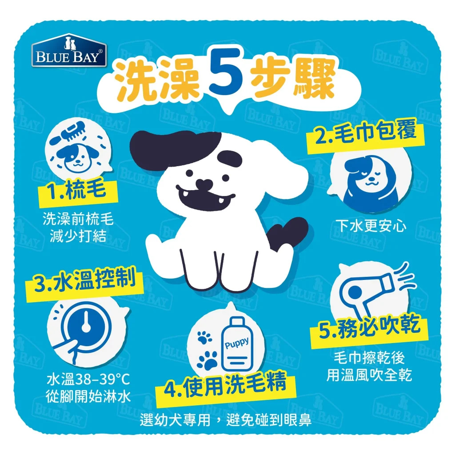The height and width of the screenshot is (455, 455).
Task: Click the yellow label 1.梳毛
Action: pos(79,192)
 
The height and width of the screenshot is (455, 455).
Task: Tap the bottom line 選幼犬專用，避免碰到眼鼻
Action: pos(226,420)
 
